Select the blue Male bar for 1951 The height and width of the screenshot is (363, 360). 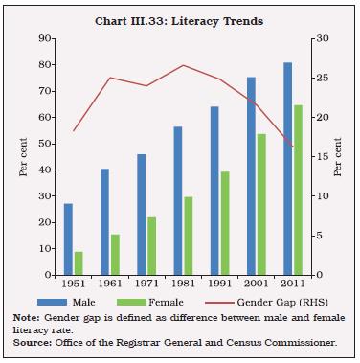point(67,238)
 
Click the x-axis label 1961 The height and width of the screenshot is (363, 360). point(110,284)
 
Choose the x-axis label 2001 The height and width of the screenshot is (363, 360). point(257,284)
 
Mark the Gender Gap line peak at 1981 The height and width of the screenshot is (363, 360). point(183,65)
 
